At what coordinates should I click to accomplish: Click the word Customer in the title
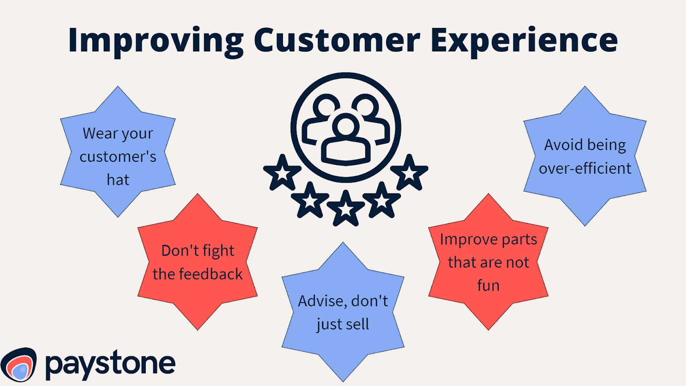(x=337, y=41)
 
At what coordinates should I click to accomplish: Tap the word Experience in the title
(x=524, y=41)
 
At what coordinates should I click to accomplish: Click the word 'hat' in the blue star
(x=118, y=180)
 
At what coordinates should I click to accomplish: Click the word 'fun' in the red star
(x=488, y=286)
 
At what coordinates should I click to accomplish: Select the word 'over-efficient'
(x=585, y=169)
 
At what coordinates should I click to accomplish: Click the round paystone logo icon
(x=19, y=365)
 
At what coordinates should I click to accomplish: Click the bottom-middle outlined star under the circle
(x=346, y=208)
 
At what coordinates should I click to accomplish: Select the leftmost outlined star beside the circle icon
(x=282, y=173)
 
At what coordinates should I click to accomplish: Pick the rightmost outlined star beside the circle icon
(x=409, y=173)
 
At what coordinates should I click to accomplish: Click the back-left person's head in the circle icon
(x=326, y=106)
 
